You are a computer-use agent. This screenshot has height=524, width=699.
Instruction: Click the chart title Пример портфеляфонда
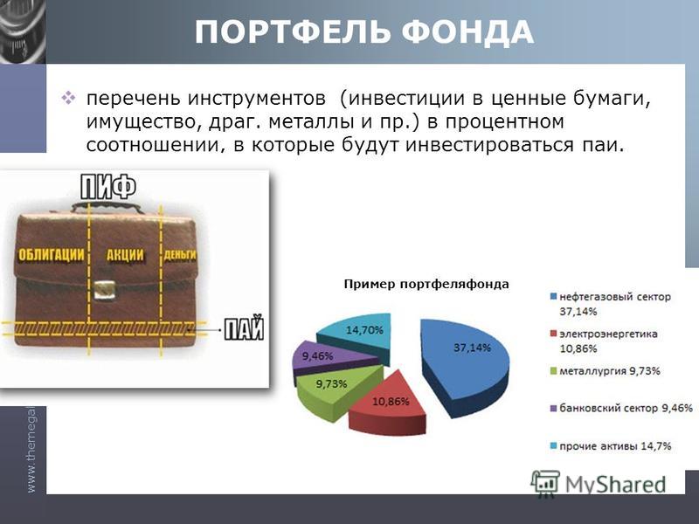(x=426, y=285)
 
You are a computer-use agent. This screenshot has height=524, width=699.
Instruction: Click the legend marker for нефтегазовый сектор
(x=554, y=297)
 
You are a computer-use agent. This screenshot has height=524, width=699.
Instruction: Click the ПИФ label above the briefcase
(x=107, y=187)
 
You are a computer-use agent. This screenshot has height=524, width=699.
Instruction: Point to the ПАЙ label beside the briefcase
(x=244, y=329)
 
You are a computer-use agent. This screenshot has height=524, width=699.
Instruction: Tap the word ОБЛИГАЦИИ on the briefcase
(x=51, y=254)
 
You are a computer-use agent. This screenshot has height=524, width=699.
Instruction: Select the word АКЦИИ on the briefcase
(x=125, y=255)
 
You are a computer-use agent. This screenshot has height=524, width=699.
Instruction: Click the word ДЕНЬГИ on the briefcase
(x=180, y=255)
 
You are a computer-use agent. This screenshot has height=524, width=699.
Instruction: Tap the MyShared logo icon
(x=544, y=484)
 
